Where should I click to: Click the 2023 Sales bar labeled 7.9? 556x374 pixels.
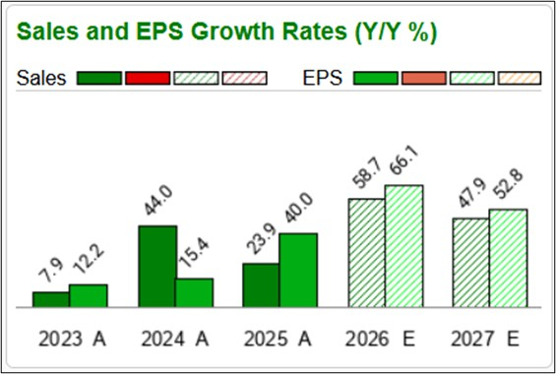[x=50, y=299]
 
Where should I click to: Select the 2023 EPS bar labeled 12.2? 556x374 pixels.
[x=88, y=295]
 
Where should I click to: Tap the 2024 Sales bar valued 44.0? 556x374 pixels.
[x=157, y=266]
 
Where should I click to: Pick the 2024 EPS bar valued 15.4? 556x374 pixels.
[x=194, y=292]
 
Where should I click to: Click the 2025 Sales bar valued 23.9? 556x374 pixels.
[x=261, y=284]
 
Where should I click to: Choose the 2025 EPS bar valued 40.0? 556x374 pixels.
[x=298, y=270]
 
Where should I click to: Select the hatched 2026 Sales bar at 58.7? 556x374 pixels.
[x=366, y=253]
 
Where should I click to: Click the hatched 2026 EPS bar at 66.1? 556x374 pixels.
[x=403, y=246]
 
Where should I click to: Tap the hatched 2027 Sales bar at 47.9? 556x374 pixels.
[x=470, y=262]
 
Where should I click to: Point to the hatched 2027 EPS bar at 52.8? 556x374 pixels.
[x=508, y=258]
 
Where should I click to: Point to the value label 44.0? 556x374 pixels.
[x=157, y=204]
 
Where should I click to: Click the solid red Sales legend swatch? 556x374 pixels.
[x=148, y=78]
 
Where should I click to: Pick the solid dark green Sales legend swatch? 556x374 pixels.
[x=98, y=78]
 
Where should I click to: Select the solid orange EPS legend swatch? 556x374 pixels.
[x=424, y=78]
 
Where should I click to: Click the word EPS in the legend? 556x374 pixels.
[x=323, y=78]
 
